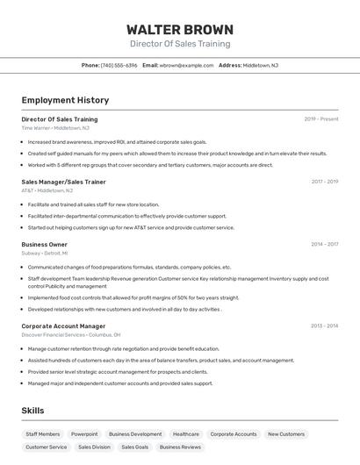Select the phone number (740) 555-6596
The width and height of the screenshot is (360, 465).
click(x=119, y=66)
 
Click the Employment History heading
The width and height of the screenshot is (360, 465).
click(x=65, y=100)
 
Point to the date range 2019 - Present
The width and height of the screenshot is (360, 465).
click(x=321, y=119)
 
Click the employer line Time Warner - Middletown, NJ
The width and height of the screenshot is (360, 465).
click(x=55, y=128)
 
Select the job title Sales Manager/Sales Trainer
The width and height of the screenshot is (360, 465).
click(x=63, y=182)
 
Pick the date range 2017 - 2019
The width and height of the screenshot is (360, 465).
click(x=324, y=182)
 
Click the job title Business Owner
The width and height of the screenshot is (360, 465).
click(x=44, y=245)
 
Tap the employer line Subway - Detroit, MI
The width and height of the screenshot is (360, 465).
click(x=45, y=253)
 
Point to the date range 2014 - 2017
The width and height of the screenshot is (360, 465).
click(x=324, y=245)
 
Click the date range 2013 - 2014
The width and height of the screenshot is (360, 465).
click(x=324, y=325)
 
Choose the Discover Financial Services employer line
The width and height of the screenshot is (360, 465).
click(x=71, y=334)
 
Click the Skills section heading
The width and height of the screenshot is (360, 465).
click(x=32, y=411)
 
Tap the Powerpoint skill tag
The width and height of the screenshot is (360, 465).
click(x=84, y=434)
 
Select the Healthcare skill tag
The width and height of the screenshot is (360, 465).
click(x=185, y=434)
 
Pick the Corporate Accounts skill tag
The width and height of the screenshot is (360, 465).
click(x=234, y=434)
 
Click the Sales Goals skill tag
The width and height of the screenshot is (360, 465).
click(x=135, y=447)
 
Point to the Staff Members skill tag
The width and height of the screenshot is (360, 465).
click(x=43, y=434)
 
